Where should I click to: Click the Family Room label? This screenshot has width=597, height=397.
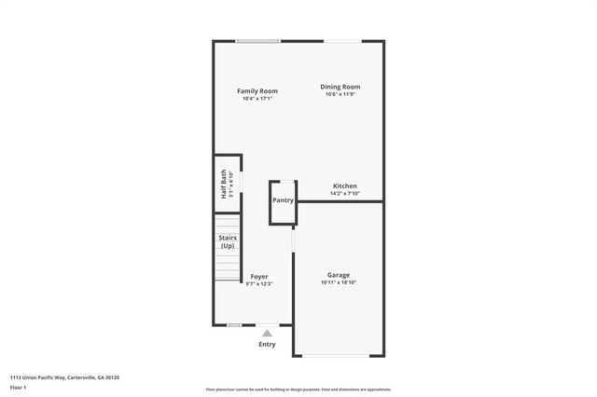(x=257, y=90)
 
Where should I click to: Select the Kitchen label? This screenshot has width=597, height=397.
(x=345, y=185)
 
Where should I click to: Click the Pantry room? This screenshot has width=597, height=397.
(x=283, y=200)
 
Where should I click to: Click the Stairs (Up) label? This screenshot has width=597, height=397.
(x=228, y=241)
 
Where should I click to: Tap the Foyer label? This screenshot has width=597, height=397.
(x=259, y=277)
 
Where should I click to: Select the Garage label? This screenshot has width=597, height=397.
(x=338, y=275)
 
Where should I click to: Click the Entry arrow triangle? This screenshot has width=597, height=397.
(x=268, y=333)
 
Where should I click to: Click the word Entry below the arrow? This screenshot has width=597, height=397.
(x=268, y=345)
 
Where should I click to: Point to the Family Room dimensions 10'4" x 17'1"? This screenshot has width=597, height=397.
(x=257, y=99)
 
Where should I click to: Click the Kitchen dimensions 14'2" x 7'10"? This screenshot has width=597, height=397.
(x=345, y=194)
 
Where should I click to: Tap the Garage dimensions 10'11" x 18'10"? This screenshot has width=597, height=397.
(x=338, y=283)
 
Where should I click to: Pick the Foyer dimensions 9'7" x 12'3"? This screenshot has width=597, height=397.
(x=259, y=284)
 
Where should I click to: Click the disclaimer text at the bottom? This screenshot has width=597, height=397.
(x=298, y=390)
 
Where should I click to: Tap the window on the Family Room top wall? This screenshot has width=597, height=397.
(x=257, y=41)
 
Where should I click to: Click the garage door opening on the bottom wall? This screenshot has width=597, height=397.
(x=338, y=355)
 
